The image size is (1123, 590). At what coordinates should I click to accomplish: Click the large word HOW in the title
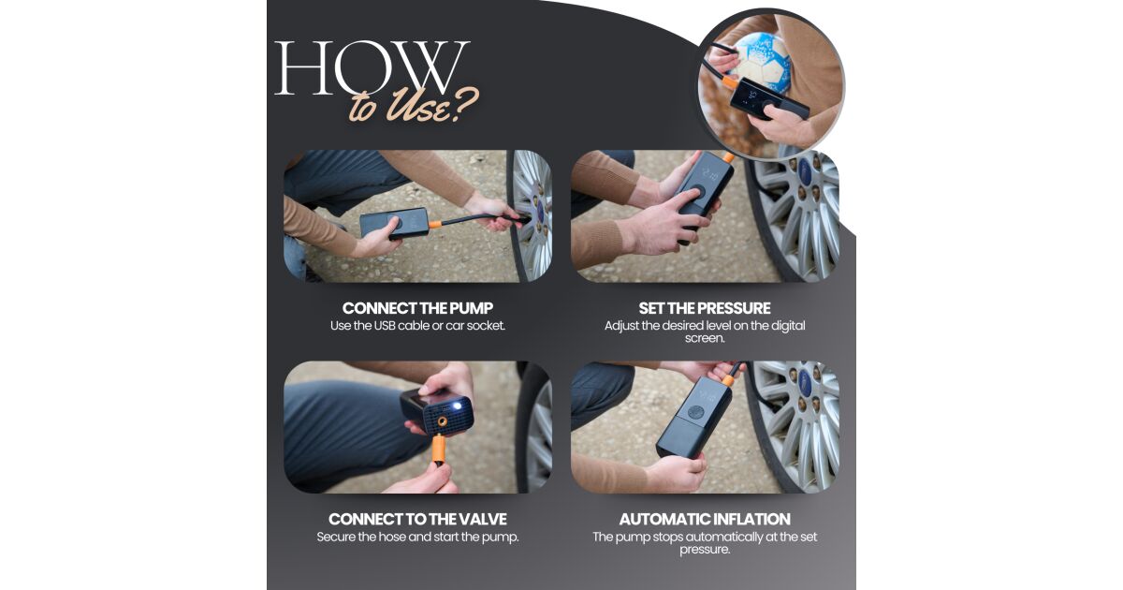[x=372, y=67]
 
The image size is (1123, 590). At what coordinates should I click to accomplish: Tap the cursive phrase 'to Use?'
[x=414, y=106]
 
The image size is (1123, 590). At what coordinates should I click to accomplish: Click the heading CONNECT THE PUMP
[x=417, y=308]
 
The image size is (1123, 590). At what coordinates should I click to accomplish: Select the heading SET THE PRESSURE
[x=705, y=308]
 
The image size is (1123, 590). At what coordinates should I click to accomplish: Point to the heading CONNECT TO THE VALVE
[x=417, y=519]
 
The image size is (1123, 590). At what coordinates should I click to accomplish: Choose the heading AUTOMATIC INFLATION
[x=705, y=519]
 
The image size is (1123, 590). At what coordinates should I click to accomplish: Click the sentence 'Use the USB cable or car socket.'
[x=417, y=326]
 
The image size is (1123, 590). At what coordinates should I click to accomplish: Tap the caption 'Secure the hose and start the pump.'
[x=417, y=537]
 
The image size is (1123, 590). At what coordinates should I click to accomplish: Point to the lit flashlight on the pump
[x=457, y=406]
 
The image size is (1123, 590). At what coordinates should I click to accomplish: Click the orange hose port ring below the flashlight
[x=442, y=420]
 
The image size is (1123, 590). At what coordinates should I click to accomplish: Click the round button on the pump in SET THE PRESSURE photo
[x=695, y=193]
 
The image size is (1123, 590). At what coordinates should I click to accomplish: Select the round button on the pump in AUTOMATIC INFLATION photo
[x=695, y=413]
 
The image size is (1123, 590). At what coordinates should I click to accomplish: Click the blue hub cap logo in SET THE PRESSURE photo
[x=805, y=170]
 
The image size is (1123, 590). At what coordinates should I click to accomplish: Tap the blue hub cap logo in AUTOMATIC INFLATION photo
[x=805, y=382]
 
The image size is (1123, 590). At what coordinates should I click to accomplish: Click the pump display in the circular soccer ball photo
[x=749, y=95]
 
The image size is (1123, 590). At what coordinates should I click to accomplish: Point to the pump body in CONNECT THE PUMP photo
[x=394, y=223]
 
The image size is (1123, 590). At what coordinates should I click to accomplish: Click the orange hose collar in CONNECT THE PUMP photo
[x=435, y=223]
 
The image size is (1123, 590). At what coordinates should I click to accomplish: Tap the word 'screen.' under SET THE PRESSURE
[x=705, y=338]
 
